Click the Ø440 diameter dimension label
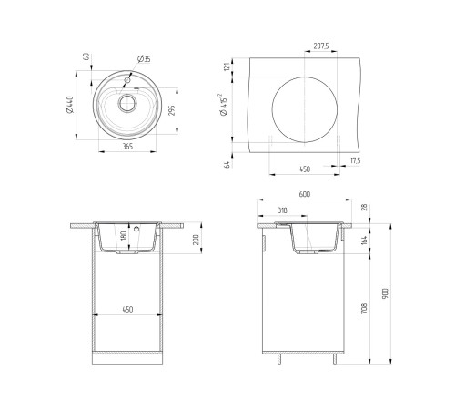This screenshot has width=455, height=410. click(x=70, y=105)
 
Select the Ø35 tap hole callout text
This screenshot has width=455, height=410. click(x=144, y=59)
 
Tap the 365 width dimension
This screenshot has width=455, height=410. click(x=127, y=147)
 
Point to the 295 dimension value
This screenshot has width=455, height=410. click(x=171, y=110)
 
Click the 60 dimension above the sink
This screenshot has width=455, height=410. click(x=86, y=56)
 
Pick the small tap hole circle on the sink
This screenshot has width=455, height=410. click(x=127, y=80)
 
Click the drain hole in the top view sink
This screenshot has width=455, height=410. click(x=127, y=103)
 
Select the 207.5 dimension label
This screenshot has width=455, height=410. click(x=321, y=46)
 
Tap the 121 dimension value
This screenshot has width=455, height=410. click(x=227, y=67)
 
